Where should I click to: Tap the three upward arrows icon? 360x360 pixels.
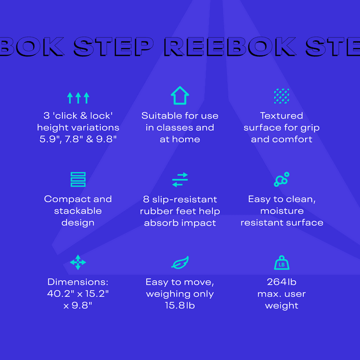(78, 98)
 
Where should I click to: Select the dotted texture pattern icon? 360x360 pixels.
(281, 96)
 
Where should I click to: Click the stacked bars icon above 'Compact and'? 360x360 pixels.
(78, 180)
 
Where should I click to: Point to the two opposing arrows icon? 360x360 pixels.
(180, 180)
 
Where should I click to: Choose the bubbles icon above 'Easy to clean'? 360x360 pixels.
(281, 179)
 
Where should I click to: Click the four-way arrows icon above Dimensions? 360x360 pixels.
(78, 262)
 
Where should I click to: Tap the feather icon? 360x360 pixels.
(180, 262)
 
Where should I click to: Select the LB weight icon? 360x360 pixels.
(282, 262)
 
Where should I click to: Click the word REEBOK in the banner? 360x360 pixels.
(230, 47)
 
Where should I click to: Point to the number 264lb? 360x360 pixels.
(281, 282)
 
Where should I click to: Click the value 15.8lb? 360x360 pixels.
(180, 305)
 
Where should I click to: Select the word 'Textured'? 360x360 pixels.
(281, 116)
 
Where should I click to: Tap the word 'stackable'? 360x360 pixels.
(78, 211)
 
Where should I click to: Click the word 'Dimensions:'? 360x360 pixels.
(78, 282)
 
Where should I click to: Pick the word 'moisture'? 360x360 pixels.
(282, 211)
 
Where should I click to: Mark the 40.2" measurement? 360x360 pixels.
(60, 293)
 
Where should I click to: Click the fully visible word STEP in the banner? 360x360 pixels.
(113, 47)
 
